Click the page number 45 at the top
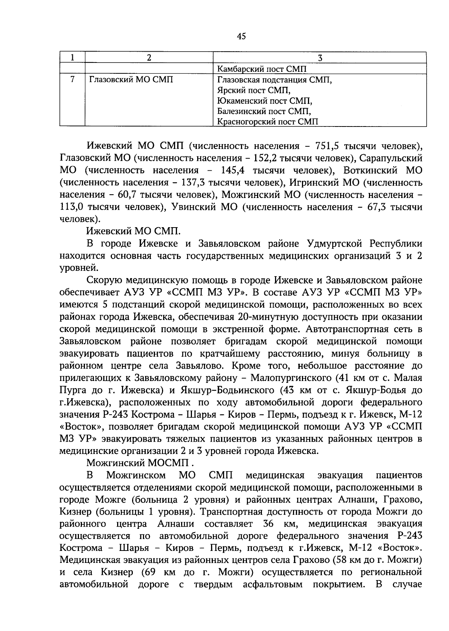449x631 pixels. coord(241,36)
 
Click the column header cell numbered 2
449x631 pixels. coord(149,58)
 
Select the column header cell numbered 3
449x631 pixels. coord(320,58)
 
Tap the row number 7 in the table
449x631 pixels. coord(72,79)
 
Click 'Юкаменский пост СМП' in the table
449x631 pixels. coord(265,101)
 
